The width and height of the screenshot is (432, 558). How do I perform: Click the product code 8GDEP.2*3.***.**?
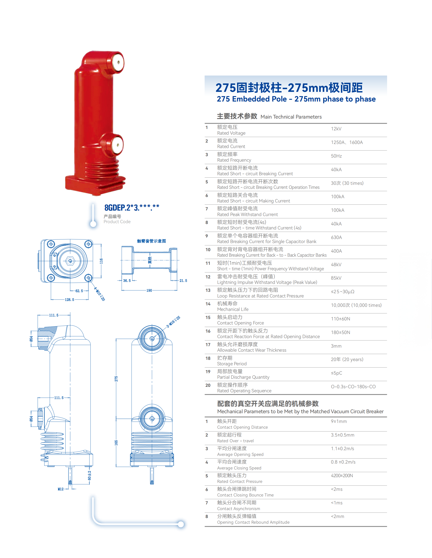coord(132,208)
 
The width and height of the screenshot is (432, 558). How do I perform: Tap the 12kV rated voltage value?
coord(336,129)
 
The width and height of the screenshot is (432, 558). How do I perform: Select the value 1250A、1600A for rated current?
coord(347,142)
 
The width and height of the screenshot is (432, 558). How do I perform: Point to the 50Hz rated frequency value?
coord(336,156)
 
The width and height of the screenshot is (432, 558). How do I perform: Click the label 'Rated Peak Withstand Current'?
coord(247,215)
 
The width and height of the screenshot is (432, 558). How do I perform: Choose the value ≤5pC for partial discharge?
coord(336,373)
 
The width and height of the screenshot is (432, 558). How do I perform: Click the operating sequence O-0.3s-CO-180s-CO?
coord(353,387)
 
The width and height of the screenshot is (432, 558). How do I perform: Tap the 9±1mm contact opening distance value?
coord(339,421)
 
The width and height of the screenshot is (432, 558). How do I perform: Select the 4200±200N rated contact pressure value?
coord(342,476)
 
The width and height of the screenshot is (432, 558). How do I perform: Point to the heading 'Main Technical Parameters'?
coord(291,117)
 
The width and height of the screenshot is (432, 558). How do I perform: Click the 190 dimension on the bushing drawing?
coord(149,291)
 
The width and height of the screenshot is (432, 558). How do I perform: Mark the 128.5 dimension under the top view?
coord(69,300)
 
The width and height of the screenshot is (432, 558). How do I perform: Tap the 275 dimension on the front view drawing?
coord(116,379)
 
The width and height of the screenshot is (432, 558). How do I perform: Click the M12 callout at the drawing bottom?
coord(61,489)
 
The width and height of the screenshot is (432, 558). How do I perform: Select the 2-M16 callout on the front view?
coord(173,322)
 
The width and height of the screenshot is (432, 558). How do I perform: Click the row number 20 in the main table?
coord(208,385)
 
